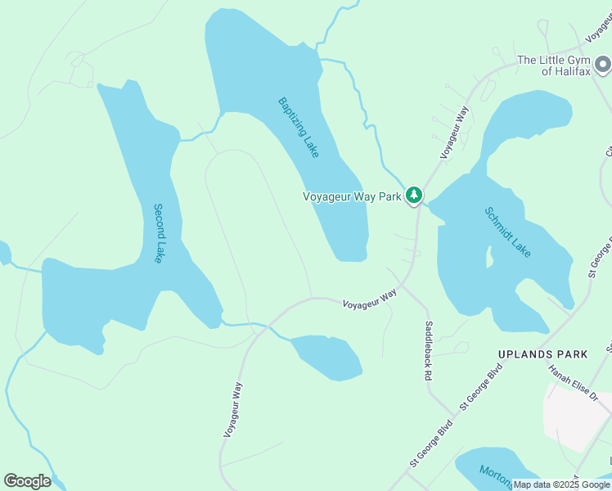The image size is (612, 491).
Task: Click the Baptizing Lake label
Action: coord(299,128)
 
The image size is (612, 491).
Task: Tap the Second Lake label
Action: coord(159,233)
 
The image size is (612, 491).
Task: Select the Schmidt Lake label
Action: coord(507,232)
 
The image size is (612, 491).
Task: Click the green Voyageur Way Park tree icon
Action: coord(415,195)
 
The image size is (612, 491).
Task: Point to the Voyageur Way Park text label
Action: coord(352,196)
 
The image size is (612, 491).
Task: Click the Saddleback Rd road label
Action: coord(428,351)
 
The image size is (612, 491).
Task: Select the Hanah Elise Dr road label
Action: coord(573,381)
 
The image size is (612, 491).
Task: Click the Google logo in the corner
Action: coord(27,481)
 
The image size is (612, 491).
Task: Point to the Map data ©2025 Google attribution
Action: coord(561,484)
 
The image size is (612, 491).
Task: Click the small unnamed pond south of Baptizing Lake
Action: coord(327,357)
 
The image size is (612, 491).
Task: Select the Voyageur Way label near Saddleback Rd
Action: coord(369,299)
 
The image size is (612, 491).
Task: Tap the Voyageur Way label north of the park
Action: coord(455,131)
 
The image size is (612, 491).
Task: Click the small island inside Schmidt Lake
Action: coord(490,256)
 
